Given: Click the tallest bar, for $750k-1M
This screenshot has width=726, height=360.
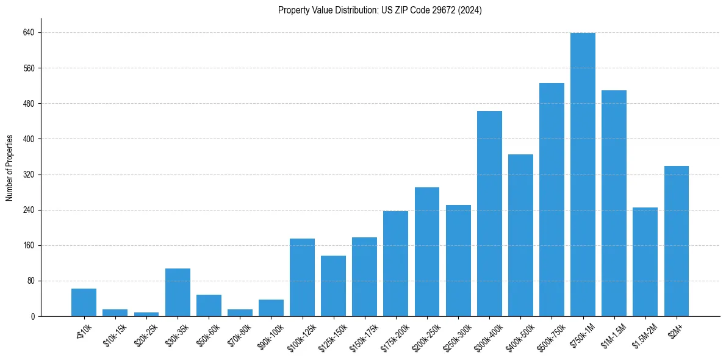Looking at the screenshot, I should pos(583,175).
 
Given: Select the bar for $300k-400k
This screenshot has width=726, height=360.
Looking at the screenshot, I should pos(489,214).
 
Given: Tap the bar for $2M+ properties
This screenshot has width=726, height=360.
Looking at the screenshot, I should pos(676,241).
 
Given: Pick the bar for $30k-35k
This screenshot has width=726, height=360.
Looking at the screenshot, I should pos(178,292).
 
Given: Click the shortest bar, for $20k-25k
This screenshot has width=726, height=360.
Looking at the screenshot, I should pos(146,314).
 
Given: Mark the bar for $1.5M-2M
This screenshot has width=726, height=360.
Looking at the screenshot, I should pos(645,262).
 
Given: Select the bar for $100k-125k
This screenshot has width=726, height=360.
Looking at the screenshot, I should pos(302,278).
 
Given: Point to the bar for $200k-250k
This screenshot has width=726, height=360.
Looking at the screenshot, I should pos(427,251).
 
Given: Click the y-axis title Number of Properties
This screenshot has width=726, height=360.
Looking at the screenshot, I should pos(10,168).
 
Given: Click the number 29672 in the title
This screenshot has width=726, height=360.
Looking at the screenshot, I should pos(441,10).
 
